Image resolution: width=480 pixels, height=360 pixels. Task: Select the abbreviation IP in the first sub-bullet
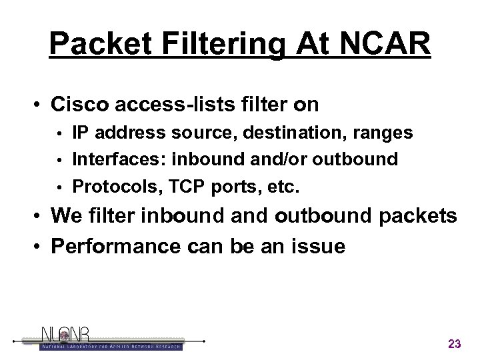pyautogui.click(x=80, y=133)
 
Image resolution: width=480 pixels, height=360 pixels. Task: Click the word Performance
pyautogui.click(x=115, y=247)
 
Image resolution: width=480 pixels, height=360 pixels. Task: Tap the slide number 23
pyautogui.click(x=455, y=344)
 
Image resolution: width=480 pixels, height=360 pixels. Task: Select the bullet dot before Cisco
pyautogui.click(x=41, y=105)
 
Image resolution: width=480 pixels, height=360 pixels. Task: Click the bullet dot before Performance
pyautogui.click(x=41, y=247)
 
